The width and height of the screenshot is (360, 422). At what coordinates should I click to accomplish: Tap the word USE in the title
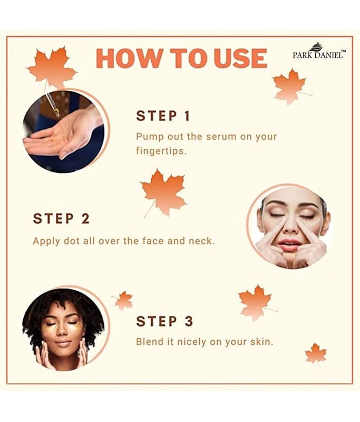[x=240, y=59]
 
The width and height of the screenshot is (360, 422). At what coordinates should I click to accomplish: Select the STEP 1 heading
[x=163, y=116]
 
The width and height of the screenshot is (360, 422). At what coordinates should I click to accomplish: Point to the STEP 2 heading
[x=61, y=218]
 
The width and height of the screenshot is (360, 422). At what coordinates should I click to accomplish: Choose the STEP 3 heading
[x=164, y=321]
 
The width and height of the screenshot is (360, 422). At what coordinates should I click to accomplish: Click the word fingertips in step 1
[x=161, y=151]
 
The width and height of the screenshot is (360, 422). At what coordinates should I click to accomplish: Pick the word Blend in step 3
[x=149, y=341]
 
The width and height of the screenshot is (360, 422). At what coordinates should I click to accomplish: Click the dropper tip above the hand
[x=57, y=113]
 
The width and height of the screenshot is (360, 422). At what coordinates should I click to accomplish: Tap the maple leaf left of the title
[x=52, y=67]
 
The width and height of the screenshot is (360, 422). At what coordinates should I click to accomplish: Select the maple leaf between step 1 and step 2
[x=163, y=193]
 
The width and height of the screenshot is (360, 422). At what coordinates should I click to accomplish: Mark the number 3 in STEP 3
[x=189, y=321]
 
